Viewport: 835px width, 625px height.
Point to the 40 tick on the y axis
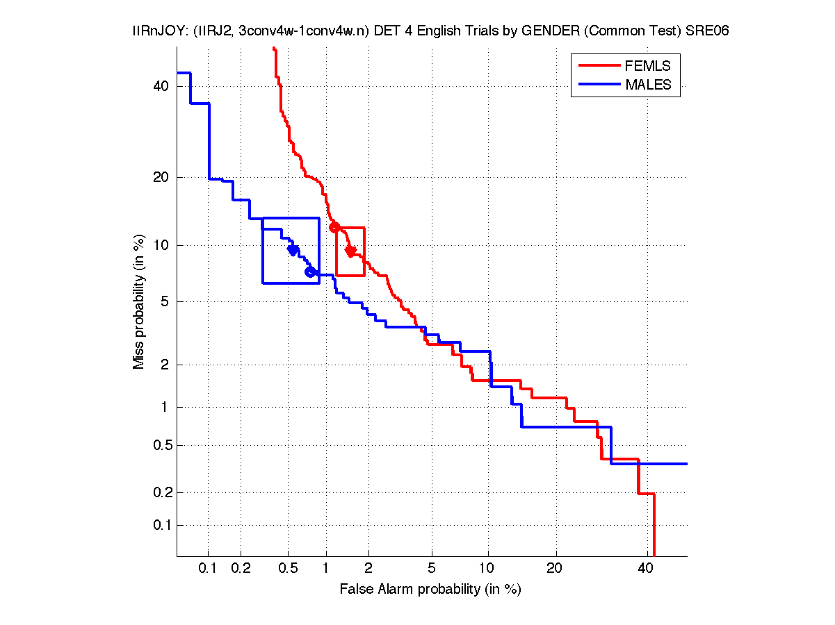click(161, 86)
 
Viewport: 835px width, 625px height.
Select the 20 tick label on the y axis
click(161, 177)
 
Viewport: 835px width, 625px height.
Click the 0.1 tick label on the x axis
click(209, 568)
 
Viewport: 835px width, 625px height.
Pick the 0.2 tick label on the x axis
click(241, 568)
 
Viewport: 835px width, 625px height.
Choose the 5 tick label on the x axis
click(432, 568)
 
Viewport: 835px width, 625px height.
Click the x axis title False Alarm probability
click(430, 590)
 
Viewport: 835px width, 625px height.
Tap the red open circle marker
click(334, 227)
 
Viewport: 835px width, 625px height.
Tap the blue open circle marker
click(310, 272)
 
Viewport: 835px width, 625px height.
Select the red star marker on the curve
click(350, 250)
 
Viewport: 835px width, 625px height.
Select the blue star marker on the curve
click(293, 249)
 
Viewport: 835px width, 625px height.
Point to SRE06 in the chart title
click(709, 32)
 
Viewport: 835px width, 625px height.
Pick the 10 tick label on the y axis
click(161, 245)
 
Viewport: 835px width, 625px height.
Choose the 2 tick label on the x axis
click(368, 568)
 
